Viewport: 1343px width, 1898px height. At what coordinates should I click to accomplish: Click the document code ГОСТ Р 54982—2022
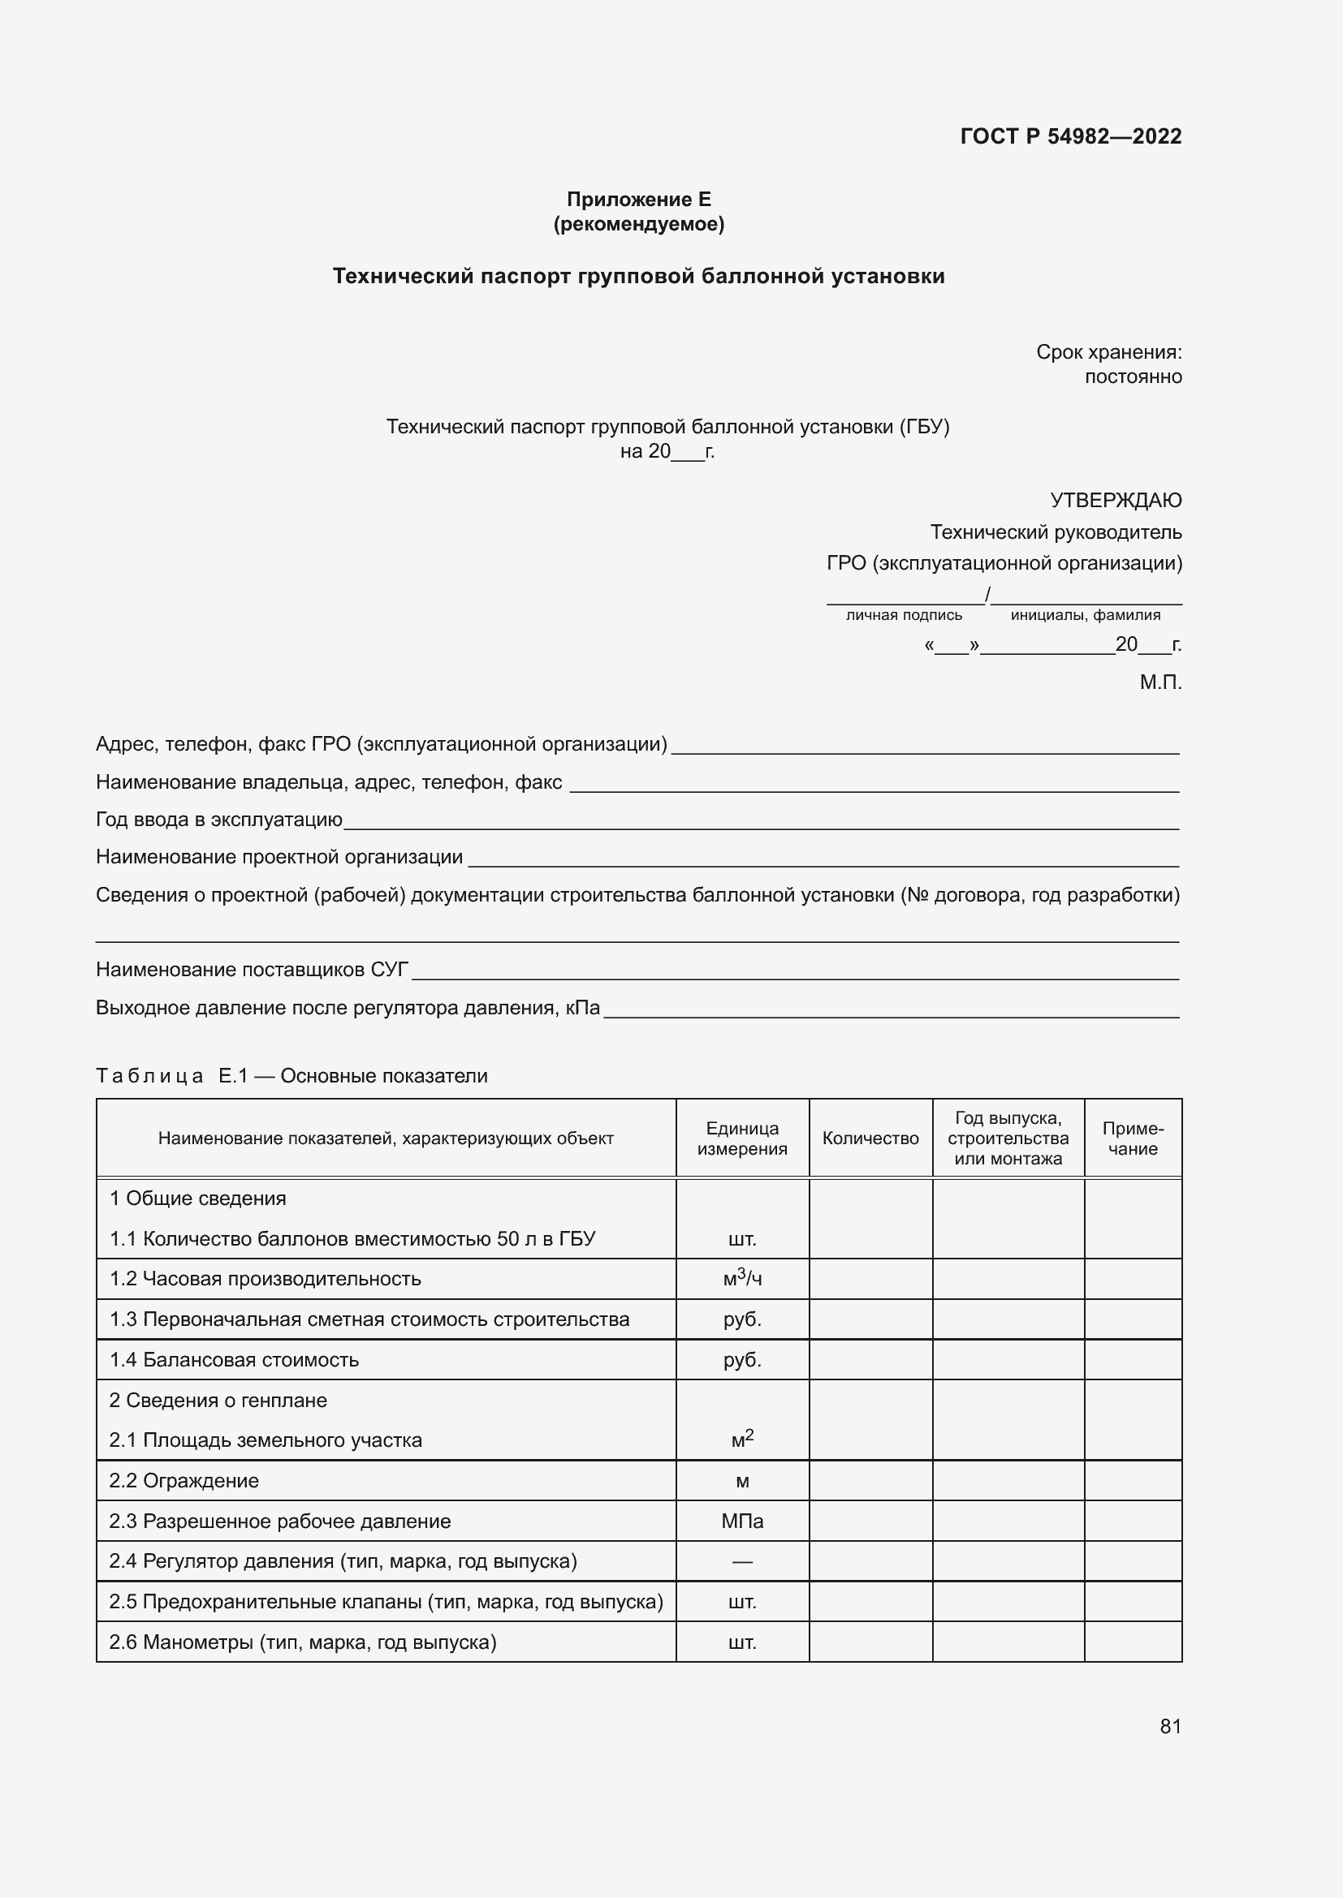(x=1070, y=136)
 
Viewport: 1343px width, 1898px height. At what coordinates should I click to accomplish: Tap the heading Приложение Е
(x=638, y=200)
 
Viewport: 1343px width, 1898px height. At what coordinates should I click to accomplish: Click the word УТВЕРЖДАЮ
(x=1115, y=500)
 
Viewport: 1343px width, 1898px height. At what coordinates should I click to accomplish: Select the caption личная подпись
(x=904, y=615)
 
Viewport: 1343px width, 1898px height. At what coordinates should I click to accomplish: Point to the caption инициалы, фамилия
(x=1085, y=615)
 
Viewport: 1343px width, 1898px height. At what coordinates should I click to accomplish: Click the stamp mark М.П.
(x=1159, y=682)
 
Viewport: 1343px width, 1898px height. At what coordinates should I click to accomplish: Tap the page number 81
(x=1170, y=1726)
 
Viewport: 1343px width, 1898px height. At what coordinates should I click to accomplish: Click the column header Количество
(x=870, y=1138)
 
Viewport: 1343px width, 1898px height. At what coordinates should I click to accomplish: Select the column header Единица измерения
(x=742, y=1138)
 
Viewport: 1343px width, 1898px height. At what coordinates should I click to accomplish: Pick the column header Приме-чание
(x=1132, y=1138)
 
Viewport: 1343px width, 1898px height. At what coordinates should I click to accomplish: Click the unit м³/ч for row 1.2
(x=742, y=1278)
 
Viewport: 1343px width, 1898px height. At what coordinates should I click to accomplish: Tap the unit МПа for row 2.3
(x=742, y=1521)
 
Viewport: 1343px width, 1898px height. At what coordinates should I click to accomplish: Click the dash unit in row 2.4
(x=742, y=1561)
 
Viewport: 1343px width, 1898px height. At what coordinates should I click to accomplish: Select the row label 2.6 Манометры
(x=303, y=1642)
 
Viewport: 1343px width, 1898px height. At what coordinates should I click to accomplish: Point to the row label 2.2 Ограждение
(x=184, y=1481)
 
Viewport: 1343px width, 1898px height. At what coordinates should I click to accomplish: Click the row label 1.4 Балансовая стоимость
(x=234, y=1360)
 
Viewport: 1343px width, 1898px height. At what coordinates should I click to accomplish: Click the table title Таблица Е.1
(x=291, y=1075)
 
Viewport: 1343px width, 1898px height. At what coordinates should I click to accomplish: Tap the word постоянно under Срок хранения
(x=1132, y=377)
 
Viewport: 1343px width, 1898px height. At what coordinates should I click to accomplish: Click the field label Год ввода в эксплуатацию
(x=219, y=820)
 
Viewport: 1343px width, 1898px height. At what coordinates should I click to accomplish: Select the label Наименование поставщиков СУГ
(x=253, y=969)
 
